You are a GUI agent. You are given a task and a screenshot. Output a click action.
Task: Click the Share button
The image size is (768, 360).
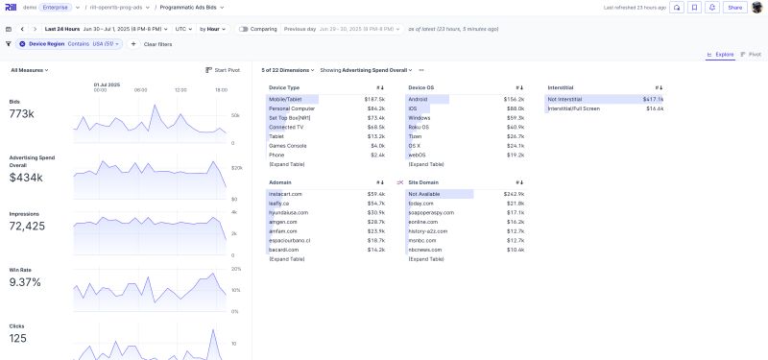(x=734, y=7)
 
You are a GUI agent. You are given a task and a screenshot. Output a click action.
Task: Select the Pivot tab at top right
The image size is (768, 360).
(x=752, y=54)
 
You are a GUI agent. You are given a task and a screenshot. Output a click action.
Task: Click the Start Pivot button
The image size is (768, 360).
(x=224, y=70)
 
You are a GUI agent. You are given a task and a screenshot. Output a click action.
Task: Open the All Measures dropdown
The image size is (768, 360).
(x=29, y=70)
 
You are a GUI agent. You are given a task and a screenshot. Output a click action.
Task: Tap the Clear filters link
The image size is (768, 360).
(x=157, y=44)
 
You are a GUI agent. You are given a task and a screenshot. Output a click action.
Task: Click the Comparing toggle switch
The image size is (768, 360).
(x=245, y=29)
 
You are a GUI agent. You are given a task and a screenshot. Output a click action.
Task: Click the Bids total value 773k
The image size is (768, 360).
(x=23, y=114)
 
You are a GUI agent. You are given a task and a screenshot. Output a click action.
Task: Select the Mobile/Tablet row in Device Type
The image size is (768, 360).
(x=286, y=99)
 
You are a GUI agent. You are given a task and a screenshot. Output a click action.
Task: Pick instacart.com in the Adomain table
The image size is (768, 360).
(x=286, y=194)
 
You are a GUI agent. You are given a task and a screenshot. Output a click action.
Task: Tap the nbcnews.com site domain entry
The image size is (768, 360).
(x=424, y=250)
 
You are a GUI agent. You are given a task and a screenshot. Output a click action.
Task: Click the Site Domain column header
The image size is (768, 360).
(x=422, y=181)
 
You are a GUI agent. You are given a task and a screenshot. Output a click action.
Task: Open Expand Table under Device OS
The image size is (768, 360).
(x=426, y=164)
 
